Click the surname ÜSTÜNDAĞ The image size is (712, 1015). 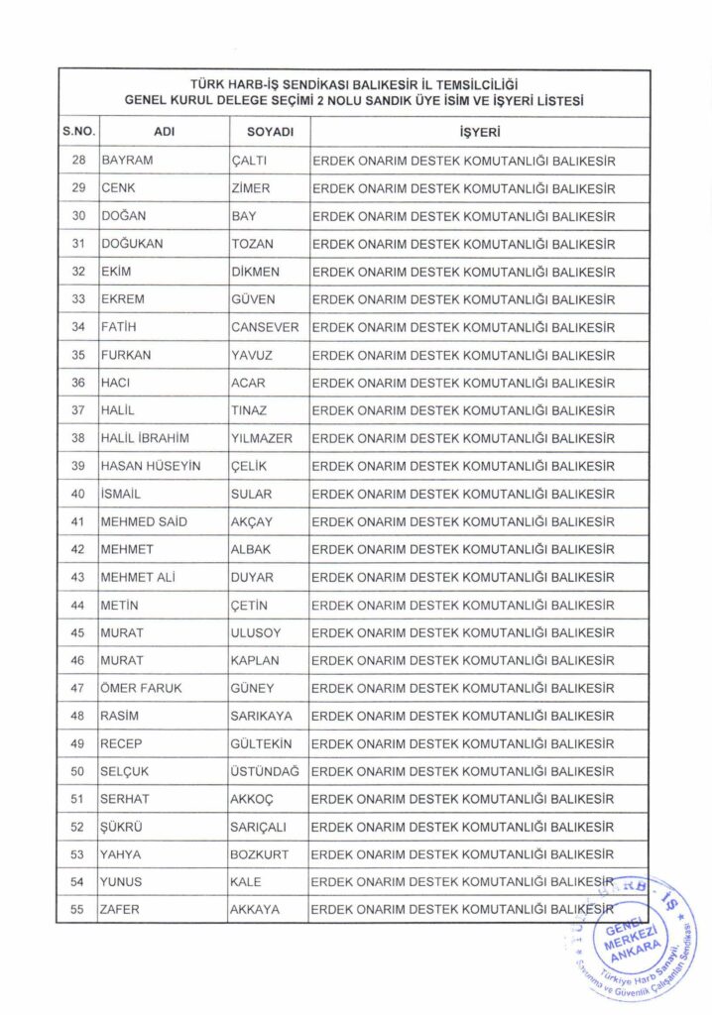[x=266, y=771]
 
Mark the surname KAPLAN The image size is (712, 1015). [x=255, y=660]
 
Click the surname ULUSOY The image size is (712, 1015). [x=256, y=632]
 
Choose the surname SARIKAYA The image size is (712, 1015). [x=260, y=716]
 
